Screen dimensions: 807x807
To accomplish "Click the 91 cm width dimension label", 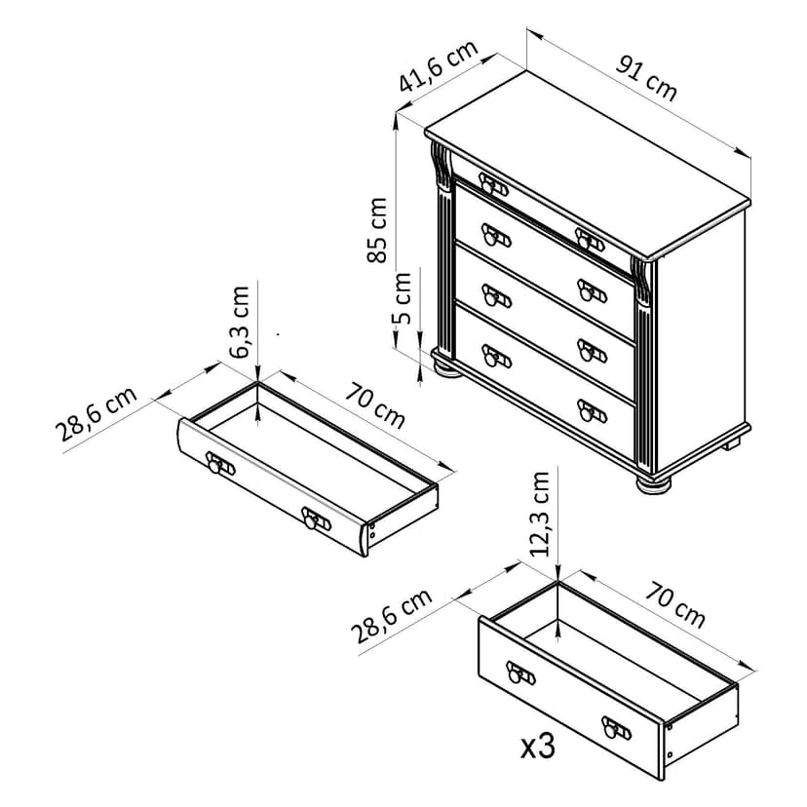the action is coord(646,79).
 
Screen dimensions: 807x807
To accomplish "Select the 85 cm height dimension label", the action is coord(377,230).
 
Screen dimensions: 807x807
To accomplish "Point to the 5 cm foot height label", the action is coord(402,298).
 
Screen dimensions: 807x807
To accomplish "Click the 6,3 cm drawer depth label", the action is coord(240,322).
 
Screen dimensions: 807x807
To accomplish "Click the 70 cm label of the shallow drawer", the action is coord(374,405).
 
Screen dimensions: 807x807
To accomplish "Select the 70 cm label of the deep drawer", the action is coord(674,604).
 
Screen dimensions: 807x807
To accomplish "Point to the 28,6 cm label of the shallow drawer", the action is coord(96,413).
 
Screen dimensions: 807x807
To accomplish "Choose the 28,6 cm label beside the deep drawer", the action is coord(391,616).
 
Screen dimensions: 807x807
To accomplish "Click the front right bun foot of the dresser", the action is coord(654,483).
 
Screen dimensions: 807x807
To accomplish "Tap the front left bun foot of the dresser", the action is coord(447,369).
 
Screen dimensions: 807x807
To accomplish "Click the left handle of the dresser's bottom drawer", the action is coord(496,356).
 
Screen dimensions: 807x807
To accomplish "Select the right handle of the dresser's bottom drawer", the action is coord(592,410).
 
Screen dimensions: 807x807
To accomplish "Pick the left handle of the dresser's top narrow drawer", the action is coord(493,184).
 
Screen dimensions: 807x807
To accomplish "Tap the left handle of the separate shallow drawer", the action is coord(219,463).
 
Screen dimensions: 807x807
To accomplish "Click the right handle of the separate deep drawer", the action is coord(616,728).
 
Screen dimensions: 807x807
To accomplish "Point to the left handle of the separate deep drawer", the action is coord(520,672).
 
